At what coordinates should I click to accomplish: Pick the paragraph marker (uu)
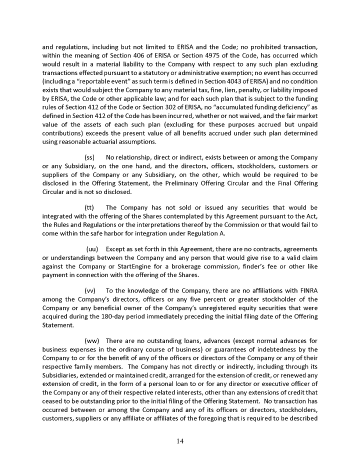click(x=92, y=249)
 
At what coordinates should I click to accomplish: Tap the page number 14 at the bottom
click(x=179, y=440)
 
